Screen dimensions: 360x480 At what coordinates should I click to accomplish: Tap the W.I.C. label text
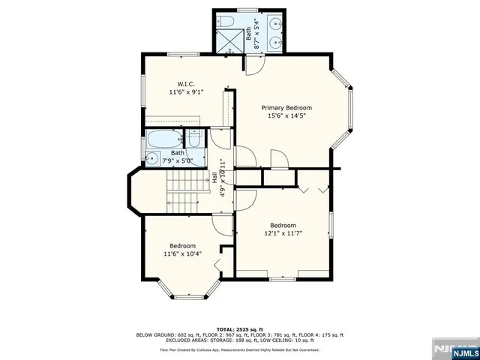186,83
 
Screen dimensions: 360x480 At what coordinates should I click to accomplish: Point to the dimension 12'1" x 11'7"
283,233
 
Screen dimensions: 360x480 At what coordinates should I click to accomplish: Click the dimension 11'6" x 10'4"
182,253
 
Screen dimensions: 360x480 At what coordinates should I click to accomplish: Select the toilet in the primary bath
226,21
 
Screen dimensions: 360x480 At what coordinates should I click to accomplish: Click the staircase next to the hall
182,191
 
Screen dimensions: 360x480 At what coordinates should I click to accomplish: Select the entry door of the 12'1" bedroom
246,199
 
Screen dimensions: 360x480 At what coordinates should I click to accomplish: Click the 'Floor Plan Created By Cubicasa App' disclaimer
239,349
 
